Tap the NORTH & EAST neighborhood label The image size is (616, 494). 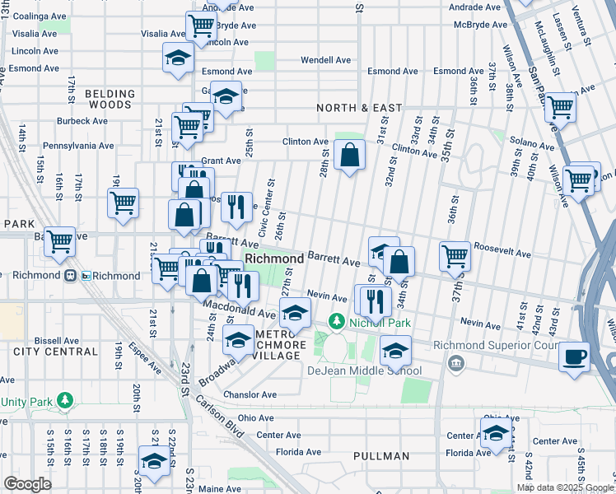[x=359, y=108]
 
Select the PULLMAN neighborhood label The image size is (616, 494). [x=381, y=456]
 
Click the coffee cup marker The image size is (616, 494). [x=574, y=357]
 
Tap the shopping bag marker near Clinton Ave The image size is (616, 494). [x=350, y=153]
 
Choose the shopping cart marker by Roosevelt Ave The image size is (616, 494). [x=454, y=256]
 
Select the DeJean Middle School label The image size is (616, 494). [x=364, y=370]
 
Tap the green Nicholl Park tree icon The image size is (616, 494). [x=336, y=320]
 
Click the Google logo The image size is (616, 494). [x=27, y=484]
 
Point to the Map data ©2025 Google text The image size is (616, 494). [x=565, y=487]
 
